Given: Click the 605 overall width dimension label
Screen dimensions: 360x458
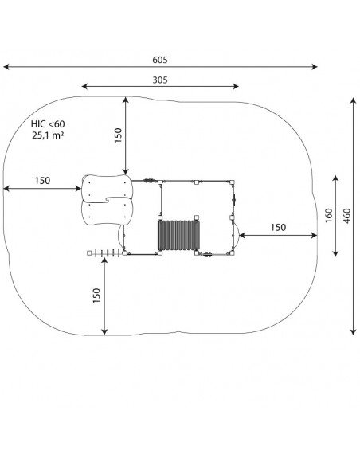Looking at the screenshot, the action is [160, 60].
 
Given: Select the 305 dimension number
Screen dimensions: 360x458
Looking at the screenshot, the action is [160, 80].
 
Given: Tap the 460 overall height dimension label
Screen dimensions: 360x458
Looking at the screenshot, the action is [347, 216].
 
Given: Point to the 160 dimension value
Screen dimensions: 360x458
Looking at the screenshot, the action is [329, 216].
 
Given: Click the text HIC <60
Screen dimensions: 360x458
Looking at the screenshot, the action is [48, 124].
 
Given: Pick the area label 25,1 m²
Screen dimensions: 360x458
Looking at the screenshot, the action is [48, 135].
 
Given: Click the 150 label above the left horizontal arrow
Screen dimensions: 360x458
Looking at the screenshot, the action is [42, 181].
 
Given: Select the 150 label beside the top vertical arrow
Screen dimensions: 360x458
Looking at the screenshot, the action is [118, 135].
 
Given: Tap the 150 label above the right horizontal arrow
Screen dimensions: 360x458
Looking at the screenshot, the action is [278, 227].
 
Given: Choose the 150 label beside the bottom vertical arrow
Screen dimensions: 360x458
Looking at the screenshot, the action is [96, 296].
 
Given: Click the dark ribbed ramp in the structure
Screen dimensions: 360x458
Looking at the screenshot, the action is [178, 235].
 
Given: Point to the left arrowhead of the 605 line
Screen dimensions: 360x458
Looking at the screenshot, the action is [6, 67].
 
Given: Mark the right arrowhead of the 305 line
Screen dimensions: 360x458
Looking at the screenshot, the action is [236, 86].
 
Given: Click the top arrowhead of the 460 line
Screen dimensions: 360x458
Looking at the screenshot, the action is [354, 101].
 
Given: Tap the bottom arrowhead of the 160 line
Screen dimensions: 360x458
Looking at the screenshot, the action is [335, 253].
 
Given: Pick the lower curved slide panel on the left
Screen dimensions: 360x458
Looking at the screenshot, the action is [107, 211].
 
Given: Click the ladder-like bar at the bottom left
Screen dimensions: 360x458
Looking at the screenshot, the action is [106, 253].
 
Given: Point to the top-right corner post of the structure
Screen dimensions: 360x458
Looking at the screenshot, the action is [232, 182].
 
